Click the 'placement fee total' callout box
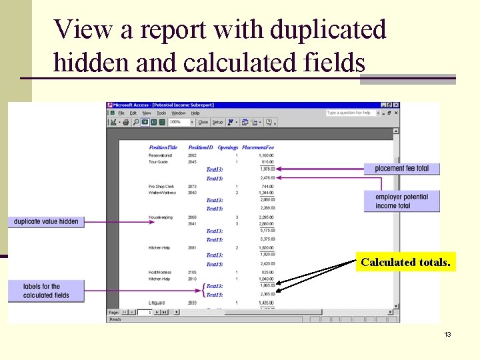pos(401,169)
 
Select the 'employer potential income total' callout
pos(401,201)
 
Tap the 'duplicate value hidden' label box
pos(46,221)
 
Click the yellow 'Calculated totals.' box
pos(405,262)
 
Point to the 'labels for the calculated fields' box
pos(46,291)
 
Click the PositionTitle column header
pos(163,147)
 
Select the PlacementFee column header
pos(258,147)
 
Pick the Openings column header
pos(228,147)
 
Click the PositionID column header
pos(200,147)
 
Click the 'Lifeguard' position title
pos(157,303)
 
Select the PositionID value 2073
pos(192,187)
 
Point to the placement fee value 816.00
pos(267,162)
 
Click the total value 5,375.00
pos(267,239)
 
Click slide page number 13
pos(448,334)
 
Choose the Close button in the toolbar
pos(203,123)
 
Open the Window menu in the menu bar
pos(178,113)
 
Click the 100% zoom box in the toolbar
pos(179,123)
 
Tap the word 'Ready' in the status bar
pos(116,319)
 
